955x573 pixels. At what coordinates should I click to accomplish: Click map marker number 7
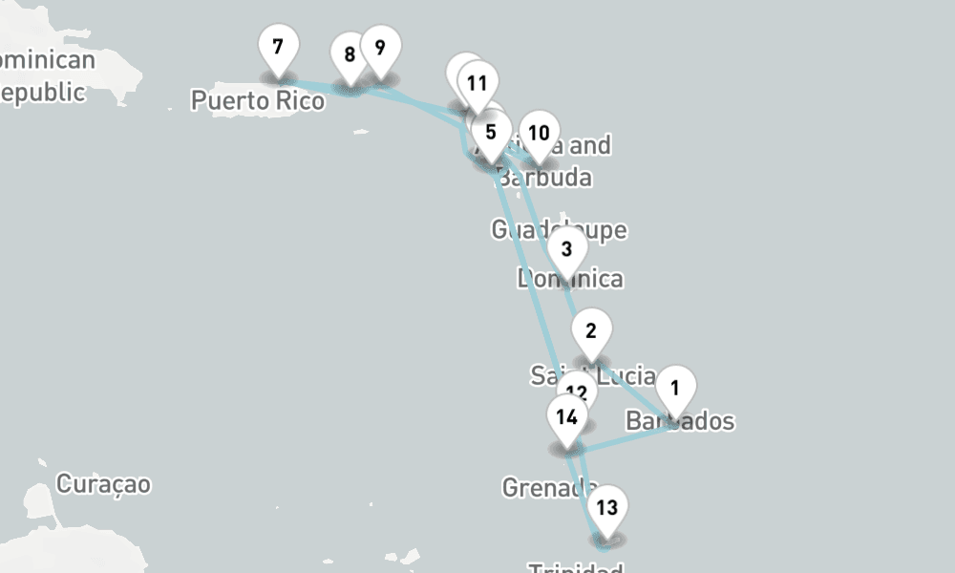coord(278,48)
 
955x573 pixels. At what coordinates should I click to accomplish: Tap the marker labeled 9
coord(380,48)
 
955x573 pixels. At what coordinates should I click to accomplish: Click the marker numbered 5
coord(491,133)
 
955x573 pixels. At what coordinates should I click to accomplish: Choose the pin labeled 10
coord(539,134)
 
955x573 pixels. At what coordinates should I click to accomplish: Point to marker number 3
coord(567,250)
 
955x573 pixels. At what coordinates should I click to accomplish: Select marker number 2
coord(591,332)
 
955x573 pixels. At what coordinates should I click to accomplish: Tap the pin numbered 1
coord(675,389)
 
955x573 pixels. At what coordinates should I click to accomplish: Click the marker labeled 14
coord(567,417)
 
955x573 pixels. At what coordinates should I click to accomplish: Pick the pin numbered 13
coord(607,508)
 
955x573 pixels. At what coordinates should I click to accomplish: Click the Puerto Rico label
coord(258,99)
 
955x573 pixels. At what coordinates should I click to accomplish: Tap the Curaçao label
coord(103,484)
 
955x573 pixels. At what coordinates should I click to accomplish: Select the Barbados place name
coord(680,421)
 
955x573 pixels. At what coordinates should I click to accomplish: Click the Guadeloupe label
coord(559,230)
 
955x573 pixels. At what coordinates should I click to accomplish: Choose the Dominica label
coord(570,279)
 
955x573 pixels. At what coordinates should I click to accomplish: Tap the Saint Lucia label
coord(593,376)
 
